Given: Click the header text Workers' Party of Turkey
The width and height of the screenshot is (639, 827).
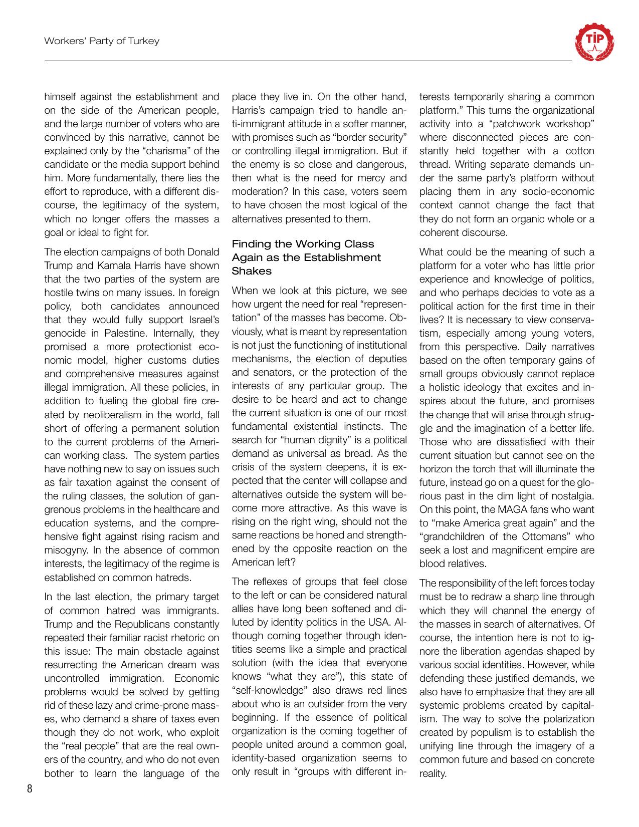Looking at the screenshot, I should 102,41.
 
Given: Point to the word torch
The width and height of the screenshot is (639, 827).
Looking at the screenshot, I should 503,469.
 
